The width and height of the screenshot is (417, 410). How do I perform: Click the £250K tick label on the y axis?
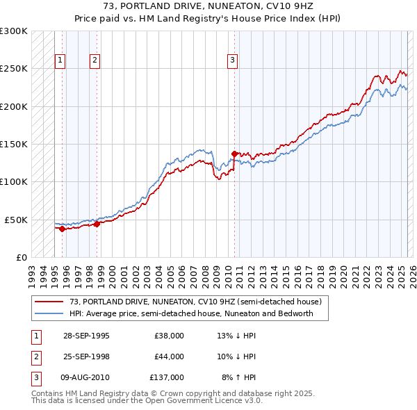coord(14,69)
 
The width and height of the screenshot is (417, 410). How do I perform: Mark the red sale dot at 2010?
coord(235,154)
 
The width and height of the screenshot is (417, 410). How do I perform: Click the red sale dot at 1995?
coord(63,228)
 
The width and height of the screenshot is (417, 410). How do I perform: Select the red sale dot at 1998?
coord(97,224)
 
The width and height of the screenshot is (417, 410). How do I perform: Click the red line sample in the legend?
coord(49,302)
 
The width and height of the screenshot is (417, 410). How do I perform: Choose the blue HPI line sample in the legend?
coord(49,313)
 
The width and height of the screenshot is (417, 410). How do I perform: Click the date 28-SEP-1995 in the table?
coord(86,336)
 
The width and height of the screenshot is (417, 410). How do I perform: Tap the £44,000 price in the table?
coord(169,356)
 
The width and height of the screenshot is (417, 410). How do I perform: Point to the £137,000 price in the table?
coord(167,377)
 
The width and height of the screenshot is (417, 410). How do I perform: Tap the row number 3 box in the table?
coord(35,377)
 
